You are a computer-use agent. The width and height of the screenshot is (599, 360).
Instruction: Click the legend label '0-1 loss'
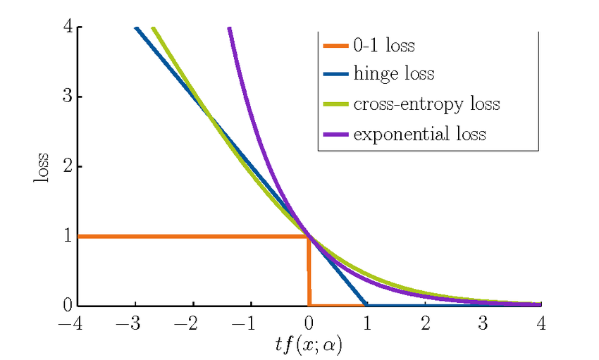click(383, 47)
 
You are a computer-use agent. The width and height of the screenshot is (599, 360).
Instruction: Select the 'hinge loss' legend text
click(393, 74)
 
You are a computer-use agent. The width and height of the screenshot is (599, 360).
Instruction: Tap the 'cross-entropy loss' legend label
click(426, 104)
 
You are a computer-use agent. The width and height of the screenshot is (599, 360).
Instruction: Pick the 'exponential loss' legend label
click(419, 133)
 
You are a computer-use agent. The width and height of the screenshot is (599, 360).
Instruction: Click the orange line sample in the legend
click(335, 46)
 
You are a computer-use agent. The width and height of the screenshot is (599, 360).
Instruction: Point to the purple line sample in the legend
click(335, 134)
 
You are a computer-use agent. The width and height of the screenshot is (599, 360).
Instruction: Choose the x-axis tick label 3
click(483, 323)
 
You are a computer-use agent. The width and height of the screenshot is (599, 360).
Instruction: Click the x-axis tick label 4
click(541, 323)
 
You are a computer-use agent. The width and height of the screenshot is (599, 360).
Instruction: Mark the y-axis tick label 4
click(68, 27)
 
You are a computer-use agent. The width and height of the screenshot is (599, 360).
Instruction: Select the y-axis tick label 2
click(68, 167)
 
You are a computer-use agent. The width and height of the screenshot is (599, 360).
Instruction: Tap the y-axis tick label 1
click(68, 236)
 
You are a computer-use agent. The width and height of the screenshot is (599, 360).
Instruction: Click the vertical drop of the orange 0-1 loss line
click(309, 271)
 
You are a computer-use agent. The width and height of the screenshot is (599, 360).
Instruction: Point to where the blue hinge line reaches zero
click(366, 305)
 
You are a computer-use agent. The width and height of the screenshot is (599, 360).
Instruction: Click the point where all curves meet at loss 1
click(309, 236)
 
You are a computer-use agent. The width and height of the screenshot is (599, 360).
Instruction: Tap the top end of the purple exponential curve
click(229, 29)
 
